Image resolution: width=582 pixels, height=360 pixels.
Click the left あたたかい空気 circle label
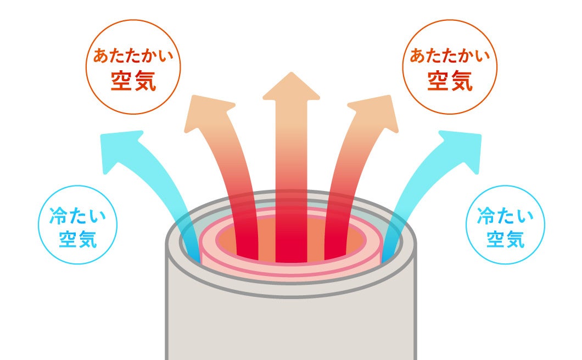133,68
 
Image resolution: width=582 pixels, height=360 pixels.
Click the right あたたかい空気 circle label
450,68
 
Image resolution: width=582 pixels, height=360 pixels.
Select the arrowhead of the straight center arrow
291,88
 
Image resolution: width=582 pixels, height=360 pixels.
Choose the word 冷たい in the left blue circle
76,216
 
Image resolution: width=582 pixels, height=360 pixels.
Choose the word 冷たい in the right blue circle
505,216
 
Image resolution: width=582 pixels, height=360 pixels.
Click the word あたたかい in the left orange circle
133,57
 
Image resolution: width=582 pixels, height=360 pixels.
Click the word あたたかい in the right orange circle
450,57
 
